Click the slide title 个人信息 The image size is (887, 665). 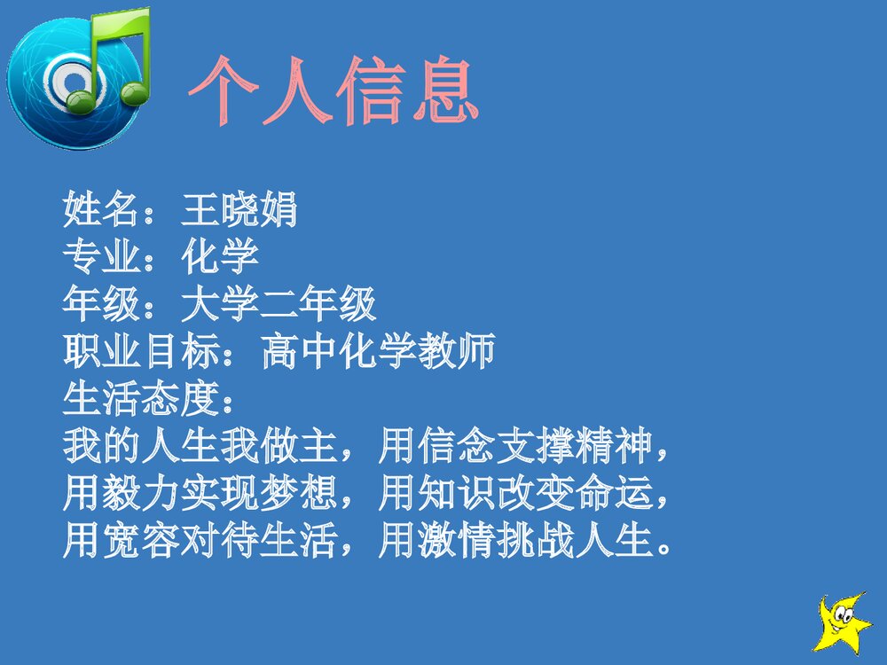[334, 90]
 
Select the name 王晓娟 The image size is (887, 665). [239, 212]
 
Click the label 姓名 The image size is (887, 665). [101, 212]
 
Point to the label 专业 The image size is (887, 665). [101, 259]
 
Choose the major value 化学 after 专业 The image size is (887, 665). [220, 259]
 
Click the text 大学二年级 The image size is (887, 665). [279, 306]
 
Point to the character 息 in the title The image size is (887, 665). [443, 90]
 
